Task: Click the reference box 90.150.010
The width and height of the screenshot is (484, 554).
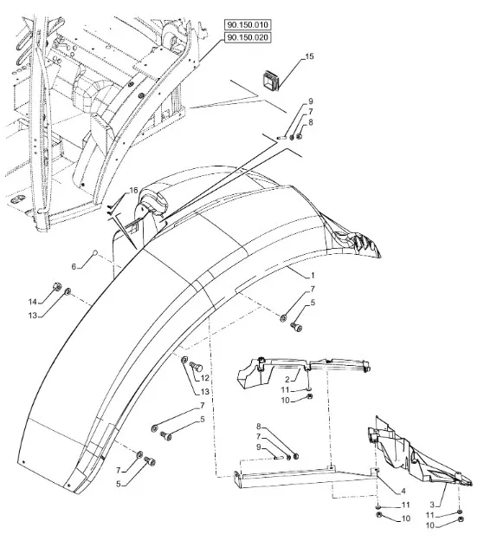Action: pyautogui.click(x=248, y=25)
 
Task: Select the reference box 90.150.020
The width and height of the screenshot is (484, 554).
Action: pyautogui.click(x=248, y=37)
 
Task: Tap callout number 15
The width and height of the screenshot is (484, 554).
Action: pyautogui.click(x=309, y=56)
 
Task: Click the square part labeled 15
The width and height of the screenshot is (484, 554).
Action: pyautogui.click(x=271, y=81)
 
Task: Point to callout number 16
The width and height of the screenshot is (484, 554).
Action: pyautogui.click(x=133, y=191)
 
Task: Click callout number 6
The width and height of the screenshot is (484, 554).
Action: pyautogui.click(x=74, y=267)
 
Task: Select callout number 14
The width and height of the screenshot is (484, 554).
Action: pyautogui.click(x=32, y=302)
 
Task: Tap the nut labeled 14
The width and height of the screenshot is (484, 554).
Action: pyautogui.click(x=55, y=286)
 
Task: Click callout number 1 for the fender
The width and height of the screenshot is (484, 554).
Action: pyautogui.click(x=313, y=275)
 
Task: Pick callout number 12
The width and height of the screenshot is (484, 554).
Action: pyautogui.click(x=204, y=378)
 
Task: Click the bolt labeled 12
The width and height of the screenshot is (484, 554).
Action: pyautogui.click(x=195, y=367)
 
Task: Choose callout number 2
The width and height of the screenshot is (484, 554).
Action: pyautogui.click(x=287, y=380)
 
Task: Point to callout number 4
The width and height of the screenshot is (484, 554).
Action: pyautogui.click(x=403, y=491)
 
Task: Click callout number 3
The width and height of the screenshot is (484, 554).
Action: pyautogui.click(x=432, y=505)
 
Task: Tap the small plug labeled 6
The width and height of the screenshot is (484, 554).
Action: pyautogui.click(x=95, y=252)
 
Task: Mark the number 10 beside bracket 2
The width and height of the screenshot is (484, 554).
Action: pyautogui.click(x=285, y=401)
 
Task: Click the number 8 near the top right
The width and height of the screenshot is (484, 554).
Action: pyautogui.click(x=311, y=122)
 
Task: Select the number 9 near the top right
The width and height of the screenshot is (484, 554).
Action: pyautogui.click(x=311, y=101)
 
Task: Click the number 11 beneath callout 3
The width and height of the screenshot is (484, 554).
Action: pyautogui.click(x=429, y=515)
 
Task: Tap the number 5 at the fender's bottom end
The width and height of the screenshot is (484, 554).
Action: pyautogui.click(x=119, y=484)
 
